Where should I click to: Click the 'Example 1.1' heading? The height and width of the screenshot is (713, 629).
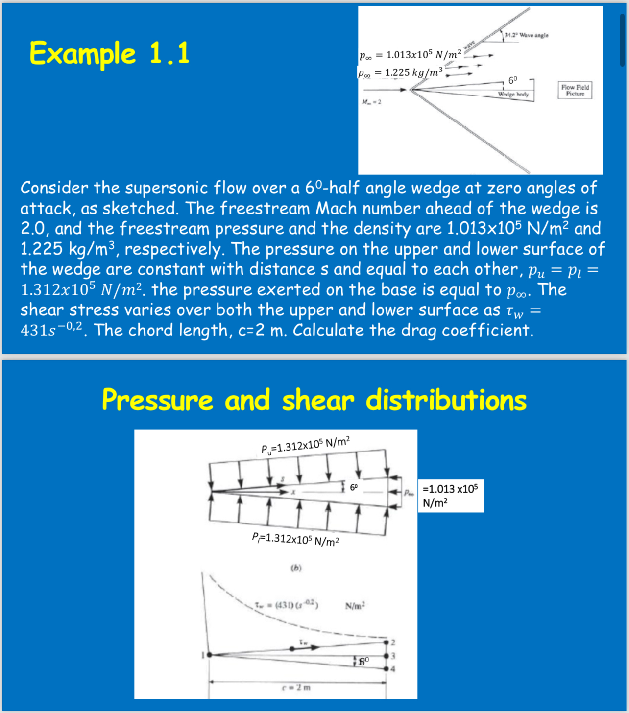(x=109, y=53)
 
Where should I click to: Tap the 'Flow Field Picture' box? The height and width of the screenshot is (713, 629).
(x=575, y=90)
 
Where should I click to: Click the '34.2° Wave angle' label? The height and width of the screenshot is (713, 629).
(x=527, y=35)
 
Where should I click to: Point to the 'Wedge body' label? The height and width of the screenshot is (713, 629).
(x=513, y=94)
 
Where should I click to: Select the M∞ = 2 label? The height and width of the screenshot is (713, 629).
(x=371, y=102)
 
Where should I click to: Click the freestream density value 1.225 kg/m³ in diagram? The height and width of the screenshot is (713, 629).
(x=400, y=73)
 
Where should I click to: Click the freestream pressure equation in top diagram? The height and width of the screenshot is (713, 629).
(x=410, y=55)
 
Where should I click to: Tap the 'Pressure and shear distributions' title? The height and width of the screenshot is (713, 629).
(x=314, y=400)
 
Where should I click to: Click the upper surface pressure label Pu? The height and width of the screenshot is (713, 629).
(x=305, y=445)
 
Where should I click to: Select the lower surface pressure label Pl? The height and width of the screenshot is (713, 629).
(x=295, y=539)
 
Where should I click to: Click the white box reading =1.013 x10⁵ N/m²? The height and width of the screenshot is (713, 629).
(x=450, y=496)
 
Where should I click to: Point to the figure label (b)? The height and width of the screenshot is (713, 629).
(x=296, y=568)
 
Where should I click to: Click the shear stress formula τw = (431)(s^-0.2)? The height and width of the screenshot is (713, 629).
(x=287, y=605)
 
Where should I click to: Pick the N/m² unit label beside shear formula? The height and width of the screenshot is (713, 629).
(x=355, y=606)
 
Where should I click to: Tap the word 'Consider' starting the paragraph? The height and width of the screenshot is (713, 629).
(x=54, y=188)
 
